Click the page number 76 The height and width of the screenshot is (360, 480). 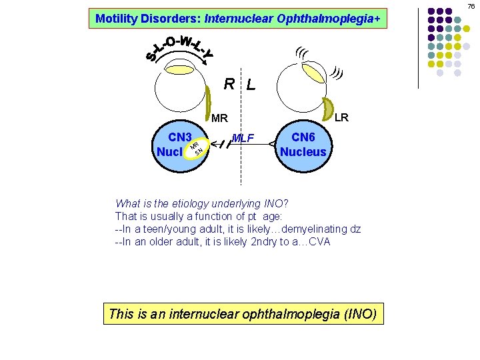point(471,6)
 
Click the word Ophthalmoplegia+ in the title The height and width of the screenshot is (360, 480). point(340,19)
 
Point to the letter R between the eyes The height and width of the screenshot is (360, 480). point(229,84)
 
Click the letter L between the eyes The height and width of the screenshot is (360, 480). point(250,85)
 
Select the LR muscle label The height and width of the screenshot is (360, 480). point(341,117)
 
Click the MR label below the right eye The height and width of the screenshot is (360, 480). point(219,119)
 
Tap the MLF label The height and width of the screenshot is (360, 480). point(244,138)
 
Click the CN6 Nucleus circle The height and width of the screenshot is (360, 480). point(303,144)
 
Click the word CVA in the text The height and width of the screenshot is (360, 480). point(319,241)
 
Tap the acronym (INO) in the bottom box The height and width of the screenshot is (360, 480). point(359,313)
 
